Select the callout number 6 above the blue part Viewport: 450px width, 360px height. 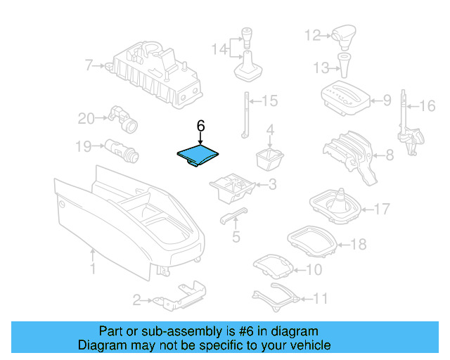pos(200,126)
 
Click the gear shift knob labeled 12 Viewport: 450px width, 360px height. pos(345,33)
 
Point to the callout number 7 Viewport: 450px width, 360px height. pos(89,66)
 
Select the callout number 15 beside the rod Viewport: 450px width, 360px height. pos(270,101)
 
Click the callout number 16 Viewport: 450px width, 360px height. pos(427,106)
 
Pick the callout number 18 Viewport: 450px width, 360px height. pos(359,245)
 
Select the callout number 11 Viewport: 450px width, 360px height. pos(320,299)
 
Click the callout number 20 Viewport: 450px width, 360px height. pos(86,119)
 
